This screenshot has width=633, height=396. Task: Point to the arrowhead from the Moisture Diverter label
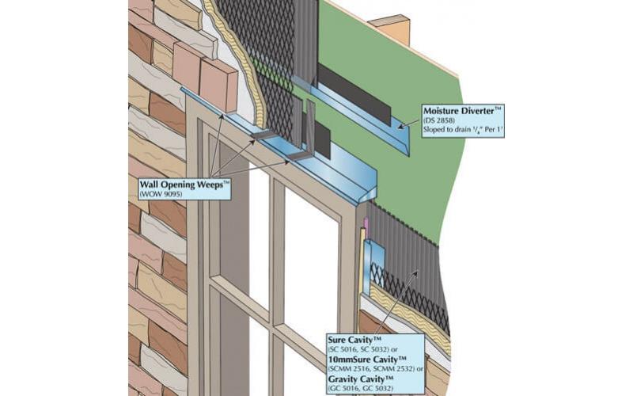coord(401,124)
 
